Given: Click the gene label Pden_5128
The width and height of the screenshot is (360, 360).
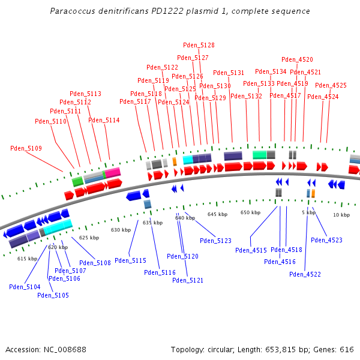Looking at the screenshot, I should pyautogui.click(x=199, y=45).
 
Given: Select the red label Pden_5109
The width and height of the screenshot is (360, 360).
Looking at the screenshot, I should pyautogui.click(x=26, y=148).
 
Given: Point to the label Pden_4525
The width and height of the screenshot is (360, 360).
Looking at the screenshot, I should pyautogui.click(x=331, y=85).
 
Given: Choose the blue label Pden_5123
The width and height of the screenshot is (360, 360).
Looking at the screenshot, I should pyautogui.click(x=215, y=241).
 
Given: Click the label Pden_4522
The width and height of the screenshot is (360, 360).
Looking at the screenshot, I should pyautogui.click(x=305, y=274).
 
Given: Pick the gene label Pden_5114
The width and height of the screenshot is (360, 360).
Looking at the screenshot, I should pyautogui.click(x=104, y=120).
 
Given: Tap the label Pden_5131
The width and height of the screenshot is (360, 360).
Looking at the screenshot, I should pyautogui.click(x=229, y=73).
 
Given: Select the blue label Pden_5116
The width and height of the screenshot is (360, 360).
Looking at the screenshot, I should pyautogui.click(x=160, y=272).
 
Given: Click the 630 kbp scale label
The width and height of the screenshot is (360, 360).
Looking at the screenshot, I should pyautogui.click(x=121, y=230).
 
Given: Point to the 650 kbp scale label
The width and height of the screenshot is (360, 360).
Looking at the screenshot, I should pyautogui.click(x=250, y=212).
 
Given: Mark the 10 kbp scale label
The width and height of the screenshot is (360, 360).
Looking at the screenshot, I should pyautogui.click(x=341, y=215).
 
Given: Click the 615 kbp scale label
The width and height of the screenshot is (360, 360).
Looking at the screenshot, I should pyautogui.click(x=27, y=259).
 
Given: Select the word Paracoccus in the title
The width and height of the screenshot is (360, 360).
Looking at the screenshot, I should pyautogui.click(x=70, y=11).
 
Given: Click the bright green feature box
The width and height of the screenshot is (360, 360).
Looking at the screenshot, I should pyautogui.click(x=77, y=181).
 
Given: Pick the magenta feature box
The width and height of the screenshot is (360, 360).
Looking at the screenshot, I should pyautogui.click(x=113, y=173).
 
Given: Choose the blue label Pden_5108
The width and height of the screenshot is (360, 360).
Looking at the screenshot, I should pyautogui.click(x=95, y=263).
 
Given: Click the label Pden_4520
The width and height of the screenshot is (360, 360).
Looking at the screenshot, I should pyautogui.click(x=297, y=59).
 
